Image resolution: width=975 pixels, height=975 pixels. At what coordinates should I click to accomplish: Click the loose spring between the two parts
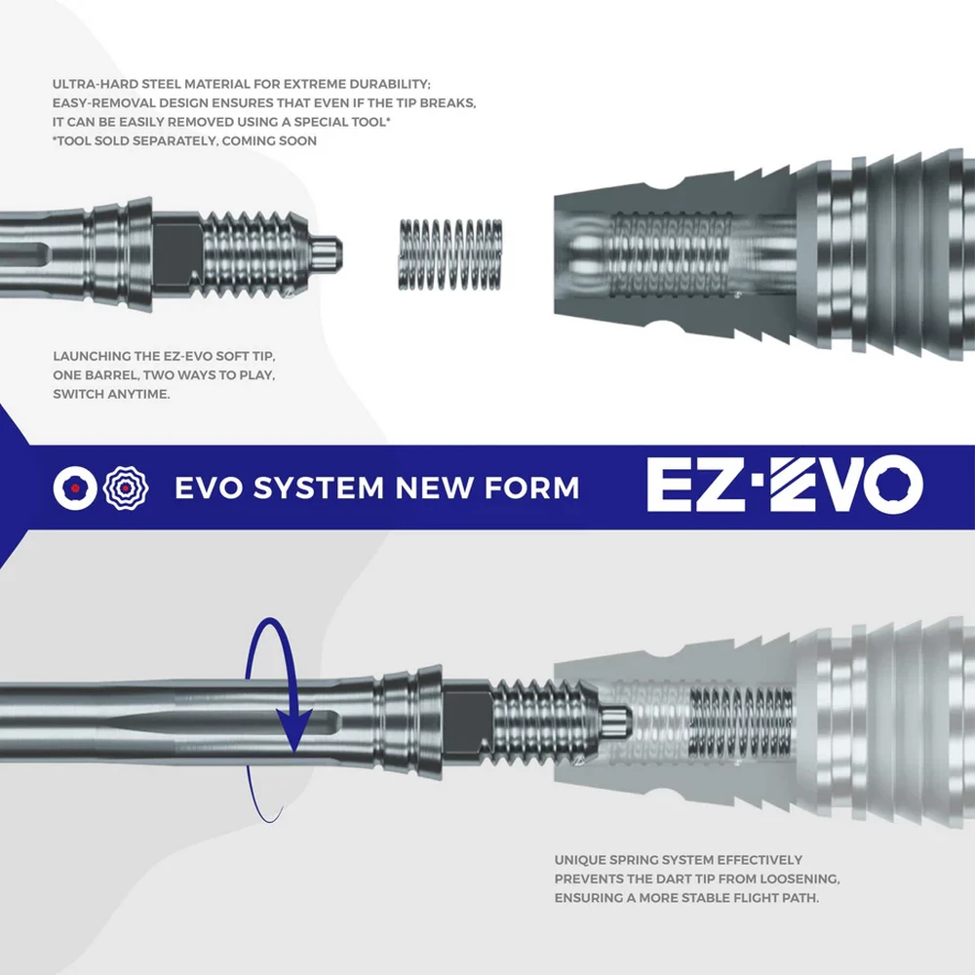(450, 253)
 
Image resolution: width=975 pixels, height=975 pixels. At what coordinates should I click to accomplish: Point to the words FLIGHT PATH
(770, 897)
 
